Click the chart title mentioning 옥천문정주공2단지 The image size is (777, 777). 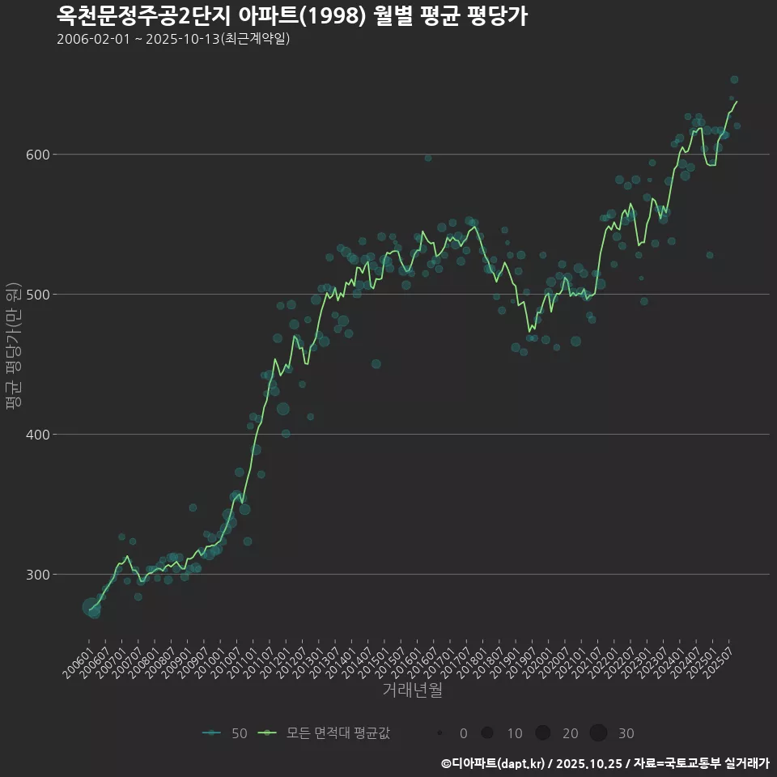coord(292,15)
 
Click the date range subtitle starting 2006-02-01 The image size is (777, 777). coord(173,40)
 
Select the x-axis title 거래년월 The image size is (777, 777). coord(412,690)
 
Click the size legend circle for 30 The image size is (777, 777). coord(598,733)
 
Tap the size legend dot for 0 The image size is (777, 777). coord(439,733)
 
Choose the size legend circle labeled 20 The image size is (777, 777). coord(542,733)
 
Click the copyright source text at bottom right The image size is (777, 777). coord(605,763)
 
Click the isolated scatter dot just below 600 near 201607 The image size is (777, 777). coord(428,158)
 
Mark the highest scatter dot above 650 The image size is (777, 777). coord(734,79)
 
